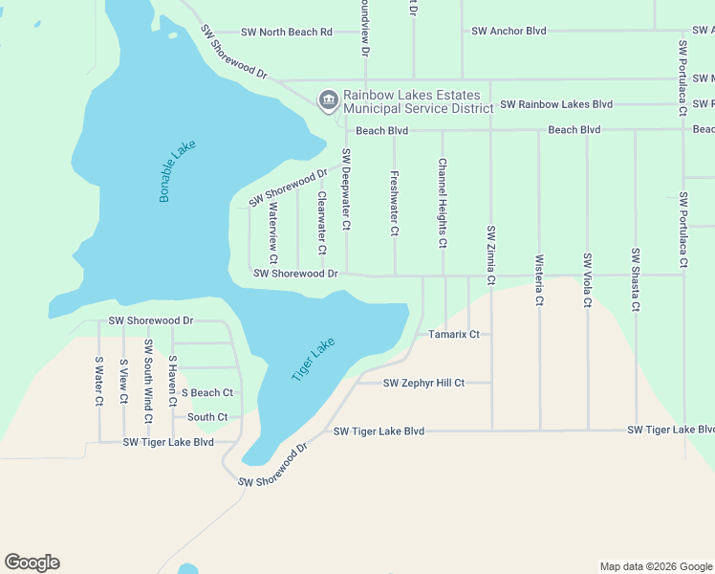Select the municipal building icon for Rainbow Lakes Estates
[x=328, y=99]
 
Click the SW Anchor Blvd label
[x=509, y=32]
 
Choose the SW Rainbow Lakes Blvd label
[x=556, y=104]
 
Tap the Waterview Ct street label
[x=273, y=232]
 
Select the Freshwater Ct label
[x=394, y=203]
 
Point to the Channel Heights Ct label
[x=442, y=203]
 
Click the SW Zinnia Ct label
[x=490, y=254]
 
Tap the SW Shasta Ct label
[x=635, y=279]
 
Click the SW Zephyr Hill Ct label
[x=423, y=384]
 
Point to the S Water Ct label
[x=98, y=382]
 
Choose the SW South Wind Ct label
[x=147, y=380]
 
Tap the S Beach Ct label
[x=207, y=393]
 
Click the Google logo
[x=32, y=563]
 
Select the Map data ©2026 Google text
[x=655, y=566]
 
